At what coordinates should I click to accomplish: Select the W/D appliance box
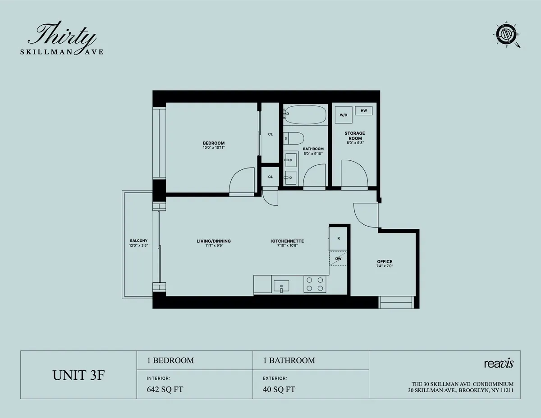[344, 115]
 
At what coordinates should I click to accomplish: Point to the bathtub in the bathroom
[305, 115]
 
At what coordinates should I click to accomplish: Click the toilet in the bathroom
[295, 138]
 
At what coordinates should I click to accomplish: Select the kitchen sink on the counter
[281, 286]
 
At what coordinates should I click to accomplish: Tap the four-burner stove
[314, 284]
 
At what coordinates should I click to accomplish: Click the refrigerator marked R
[338, 238]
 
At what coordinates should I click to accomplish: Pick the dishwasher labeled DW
[338, 259]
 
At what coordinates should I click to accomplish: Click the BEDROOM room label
[214, 143]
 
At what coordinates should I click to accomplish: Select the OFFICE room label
[385, 262]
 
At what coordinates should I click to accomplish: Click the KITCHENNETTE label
[287, 241]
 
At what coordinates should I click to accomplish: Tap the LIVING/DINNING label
[214, 241]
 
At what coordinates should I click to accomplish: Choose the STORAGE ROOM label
[354, 136]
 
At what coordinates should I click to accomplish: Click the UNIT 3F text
[78, 375]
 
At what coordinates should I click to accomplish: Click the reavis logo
[499, 363]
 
